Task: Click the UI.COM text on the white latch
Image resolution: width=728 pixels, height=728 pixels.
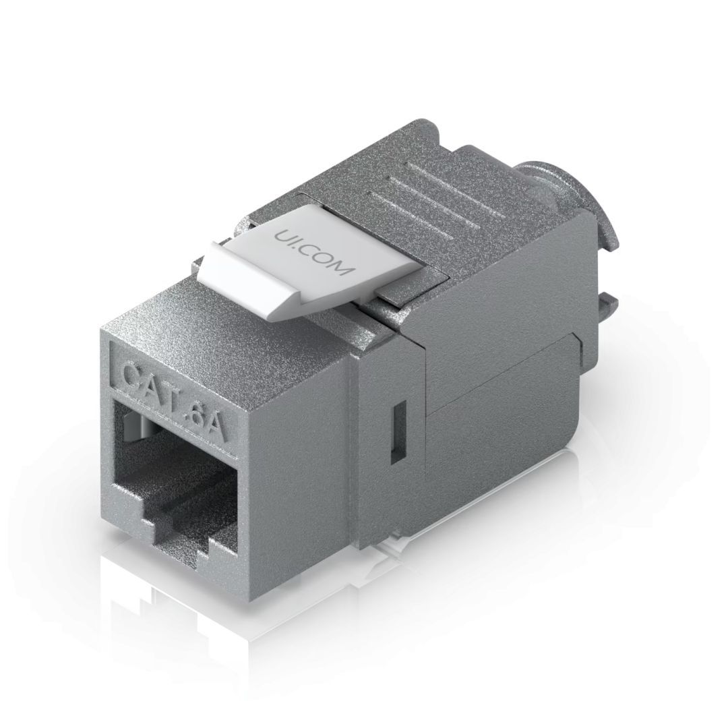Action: tap(313, 251)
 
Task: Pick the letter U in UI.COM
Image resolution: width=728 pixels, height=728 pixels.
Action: tap(283, 236)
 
